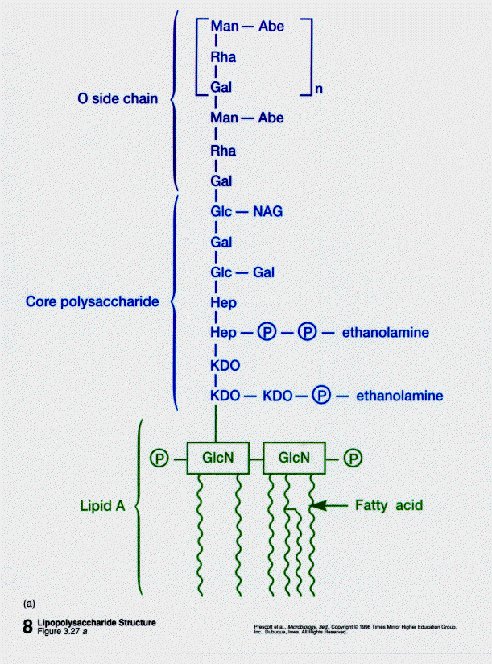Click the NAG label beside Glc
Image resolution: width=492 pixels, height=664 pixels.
point(267,213)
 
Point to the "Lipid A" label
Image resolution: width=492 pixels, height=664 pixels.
point(103,507)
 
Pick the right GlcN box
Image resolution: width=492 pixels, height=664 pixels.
point(295,458)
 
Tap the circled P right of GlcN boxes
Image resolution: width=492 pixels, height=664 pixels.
point(353,458)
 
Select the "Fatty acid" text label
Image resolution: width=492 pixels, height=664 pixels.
point(388,506)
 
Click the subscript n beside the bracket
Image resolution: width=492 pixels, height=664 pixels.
point(318,90)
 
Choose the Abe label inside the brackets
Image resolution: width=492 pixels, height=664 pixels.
point(271,27)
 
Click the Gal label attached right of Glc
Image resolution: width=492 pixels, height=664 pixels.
point(264,272)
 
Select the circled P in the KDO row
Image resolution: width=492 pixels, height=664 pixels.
point(321,396)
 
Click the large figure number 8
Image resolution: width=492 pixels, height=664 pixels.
point(28,627)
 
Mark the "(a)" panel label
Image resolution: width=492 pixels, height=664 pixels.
point(30,602)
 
